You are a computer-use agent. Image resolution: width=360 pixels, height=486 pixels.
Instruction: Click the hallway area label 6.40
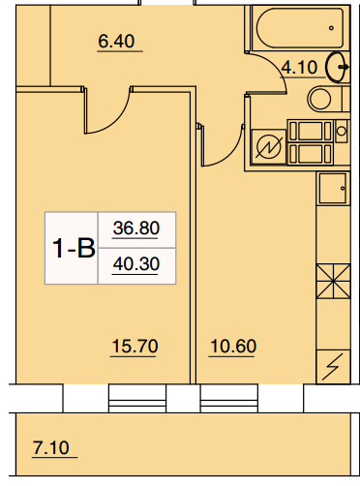click(x=116, y=42)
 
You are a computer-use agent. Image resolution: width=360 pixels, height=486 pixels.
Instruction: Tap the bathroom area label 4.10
click(x=299, y=68)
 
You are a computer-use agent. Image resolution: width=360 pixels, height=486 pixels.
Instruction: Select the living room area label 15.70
click(x=135, y=346)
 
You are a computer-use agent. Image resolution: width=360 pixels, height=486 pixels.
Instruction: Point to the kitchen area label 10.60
click(x=233, y=346)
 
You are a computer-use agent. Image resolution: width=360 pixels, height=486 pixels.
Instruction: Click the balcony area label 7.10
click(x=51, y=447)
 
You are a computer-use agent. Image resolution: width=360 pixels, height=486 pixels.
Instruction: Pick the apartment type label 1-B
click(x=74, y=248)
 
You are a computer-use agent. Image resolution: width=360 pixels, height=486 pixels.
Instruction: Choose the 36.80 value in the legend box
click(x=136, y=228)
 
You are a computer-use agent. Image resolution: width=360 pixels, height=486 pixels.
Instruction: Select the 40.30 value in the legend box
click(x=136, y=263)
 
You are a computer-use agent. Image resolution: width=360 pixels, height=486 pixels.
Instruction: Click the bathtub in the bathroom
click(x=300, y=28)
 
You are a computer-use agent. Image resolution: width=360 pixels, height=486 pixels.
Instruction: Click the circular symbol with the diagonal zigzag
click(x=268, y=147)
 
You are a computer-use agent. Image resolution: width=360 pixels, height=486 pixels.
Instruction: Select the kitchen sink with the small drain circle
click(x=333, y=188)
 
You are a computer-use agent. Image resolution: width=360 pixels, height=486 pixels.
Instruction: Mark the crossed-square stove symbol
click(x=333, y=281)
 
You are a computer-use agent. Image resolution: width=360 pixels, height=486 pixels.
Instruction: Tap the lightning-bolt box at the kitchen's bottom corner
click(x=333, y=367)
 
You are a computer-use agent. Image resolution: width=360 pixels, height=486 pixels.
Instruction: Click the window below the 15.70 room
click(x=137, y=398)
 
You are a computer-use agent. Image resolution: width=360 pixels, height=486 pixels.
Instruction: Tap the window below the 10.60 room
click(x=229, y=398)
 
